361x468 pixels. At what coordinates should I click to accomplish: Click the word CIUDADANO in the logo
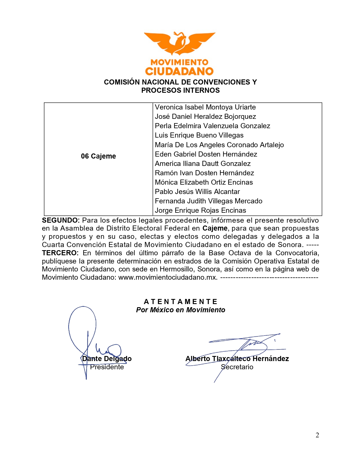[180, 71]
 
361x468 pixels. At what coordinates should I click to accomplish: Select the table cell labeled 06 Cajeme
[98, 156]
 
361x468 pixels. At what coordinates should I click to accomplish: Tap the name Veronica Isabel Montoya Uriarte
[205, 107]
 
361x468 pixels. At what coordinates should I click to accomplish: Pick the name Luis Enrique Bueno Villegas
[199, 135]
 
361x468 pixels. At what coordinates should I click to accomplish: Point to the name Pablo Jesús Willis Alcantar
[197, 192]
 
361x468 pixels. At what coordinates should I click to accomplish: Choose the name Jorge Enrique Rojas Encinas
[200, 210]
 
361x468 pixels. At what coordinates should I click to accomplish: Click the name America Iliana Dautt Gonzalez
[203, 164]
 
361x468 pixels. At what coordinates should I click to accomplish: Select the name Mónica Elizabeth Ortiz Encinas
[204, 182]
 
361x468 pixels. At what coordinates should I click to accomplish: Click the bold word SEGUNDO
[61, 220]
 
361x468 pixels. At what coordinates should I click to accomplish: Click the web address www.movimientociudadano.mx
[168, 277]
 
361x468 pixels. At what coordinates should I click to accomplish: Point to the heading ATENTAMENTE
[181, 302]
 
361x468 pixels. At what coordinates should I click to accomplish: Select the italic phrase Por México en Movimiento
[181, 310]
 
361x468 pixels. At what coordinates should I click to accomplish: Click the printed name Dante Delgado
[107, 359]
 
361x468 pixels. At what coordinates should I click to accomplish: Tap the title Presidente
[107, 367]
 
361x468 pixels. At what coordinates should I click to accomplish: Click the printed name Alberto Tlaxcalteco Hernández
[237, 359]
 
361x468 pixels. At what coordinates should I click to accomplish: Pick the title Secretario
[237, 367]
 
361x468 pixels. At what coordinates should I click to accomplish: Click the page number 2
[317, 435]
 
